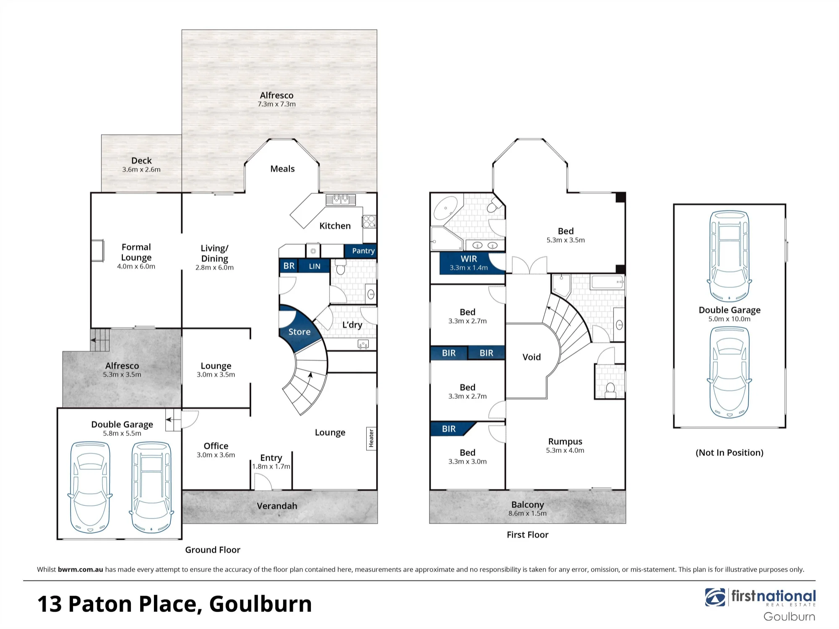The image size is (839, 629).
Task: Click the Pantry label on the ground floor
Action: tap(363, 251)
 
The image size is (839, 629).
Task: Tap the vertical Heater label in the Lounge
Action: tap(371, 438)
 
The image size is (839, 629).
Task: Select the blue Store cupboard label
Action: tap(300, 332)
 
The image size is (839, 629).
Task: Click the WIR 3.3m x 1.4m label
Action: tap(469, 263)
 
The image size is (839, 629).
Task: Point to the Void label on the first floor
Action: tap(532, 357)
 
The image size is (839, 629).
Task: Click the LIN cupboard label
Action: tap(315, 266)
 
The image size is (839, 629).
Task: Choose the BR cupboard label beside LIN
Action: tap(289, 266)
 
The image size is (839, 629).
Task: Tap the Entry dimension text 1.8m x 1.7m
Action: tap(271, 466)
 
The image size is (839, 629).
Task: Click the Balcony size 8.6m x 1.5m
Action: tap(527, 513)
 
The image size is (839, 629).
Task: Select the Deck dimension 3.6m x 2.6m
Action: tap(141, 169)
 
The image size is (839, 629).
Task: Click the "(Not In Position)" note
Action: tap(730, 452)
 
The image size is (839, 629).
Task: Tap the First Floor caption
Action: tap(527, 535)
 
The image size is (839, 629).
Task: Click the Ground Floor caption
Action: tap(213, 550)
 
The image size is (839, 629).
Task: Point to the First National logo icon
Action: tap(715, 597)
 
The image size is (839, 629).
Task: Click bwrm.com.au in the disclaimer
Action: tap(81, 569)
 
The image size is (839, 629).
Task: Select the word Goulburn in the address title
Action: tap(261, 604)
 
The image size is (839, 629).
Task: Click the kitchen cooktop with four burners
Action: tap(369, 221)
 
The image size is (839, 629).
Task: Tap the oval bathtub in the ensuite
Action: tap(446, 208)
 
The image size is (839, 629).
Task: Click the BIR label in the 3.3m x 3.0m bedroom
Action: tap(448, 429)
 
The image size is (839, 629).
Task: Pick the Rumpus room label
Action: tap(565, 442)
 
